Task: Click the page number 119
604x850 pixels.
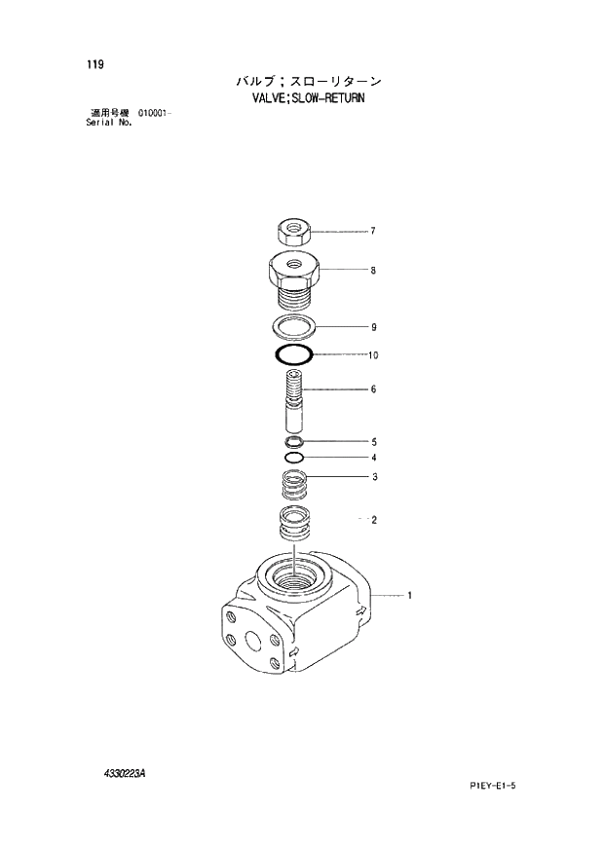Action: click(x=94, y=65)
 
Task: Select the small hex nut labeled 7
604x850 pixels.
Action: click(x=294, y=232)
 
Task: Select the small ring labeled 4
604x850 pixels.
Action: click(x=295, y=457)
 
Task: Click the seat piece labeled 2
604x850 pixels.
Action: click(x=293, y=524)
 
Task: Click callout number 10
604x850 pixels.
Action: click(x=372, y=355)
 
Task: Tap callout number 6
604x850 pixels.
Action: click(x=372, y=389)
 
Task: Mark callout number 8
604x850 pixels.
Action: click(x=372, y=271)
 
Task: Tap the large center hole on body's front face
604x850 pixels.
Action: click(x=255, y=641)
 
